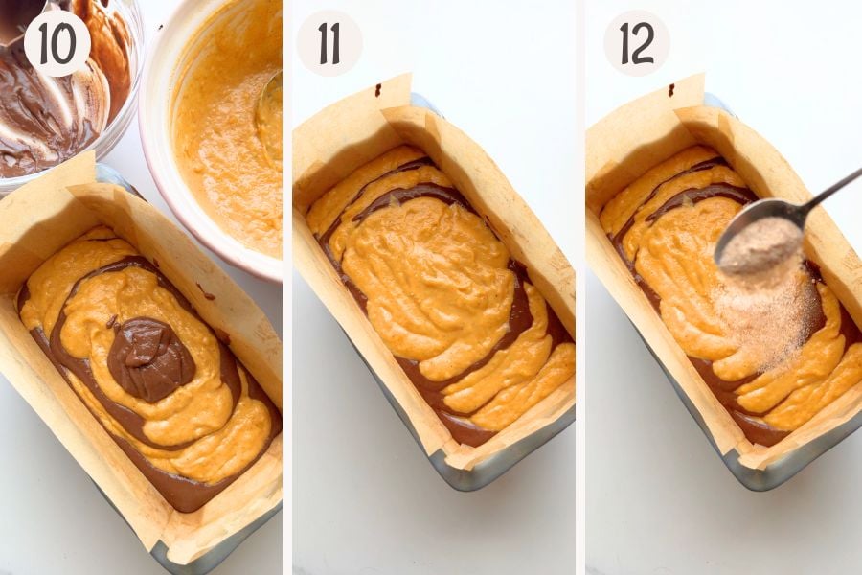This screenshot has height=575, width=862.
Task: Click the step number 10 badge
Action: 57,43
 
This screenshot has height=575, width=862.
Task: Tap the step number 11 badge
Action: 329,43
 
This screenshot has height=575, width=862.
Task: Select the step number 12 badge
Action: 637,43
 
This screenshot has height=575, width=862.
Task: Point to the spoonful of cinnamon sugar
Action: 760,242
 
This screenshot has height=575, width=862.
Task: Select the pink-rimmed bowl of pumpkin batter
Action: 215,132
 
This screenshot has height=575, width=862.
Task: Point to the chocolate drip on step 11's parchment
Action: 378,89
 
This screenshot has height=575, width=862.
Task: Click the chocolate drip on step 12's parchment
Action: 671,90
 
